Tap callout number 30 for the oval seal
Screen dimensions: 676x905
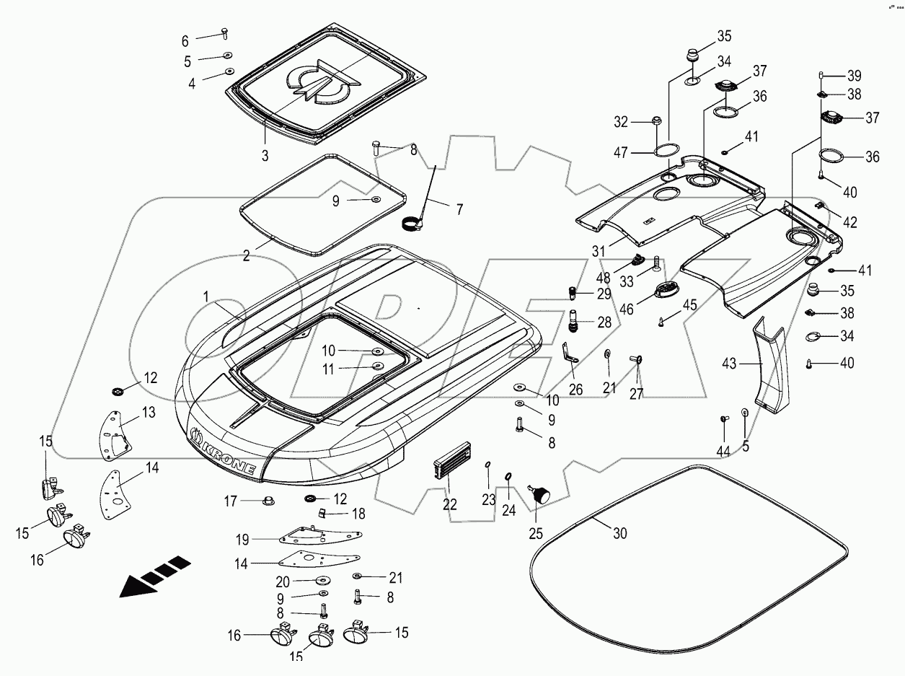point(620,533)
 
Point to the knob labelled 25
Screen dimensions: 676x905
point(540,495)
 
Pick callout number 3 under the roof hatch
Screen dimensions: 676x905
point(265,156)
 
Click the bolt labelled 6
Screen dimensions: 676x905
point(224,32)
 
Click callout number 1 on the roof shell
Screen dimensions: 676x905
point(206,297)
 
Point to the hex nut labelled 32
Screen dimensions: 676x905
point(657,121)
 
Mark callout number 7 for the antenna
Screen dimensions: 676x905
point(459,209)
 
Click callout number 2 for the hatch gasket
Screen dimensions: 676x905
point(246,255)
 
